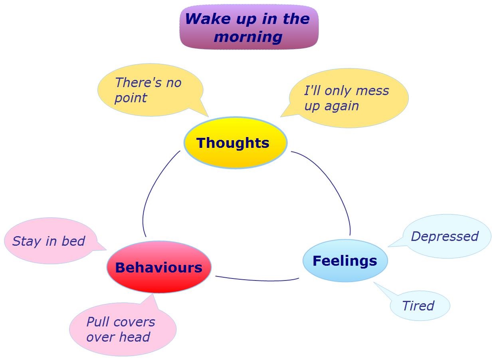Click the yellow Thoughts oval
235,143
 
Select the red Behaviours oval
159,267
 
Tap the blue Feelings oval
345,261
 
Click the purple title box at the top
249,27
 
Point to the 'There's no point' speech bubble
150,90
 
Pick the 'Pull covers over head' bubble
122,330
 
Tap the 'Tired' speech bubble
419,306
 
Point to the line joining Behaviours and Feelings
257,280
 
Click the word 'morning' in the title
248,37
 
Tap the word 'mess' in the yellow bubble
372,91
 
